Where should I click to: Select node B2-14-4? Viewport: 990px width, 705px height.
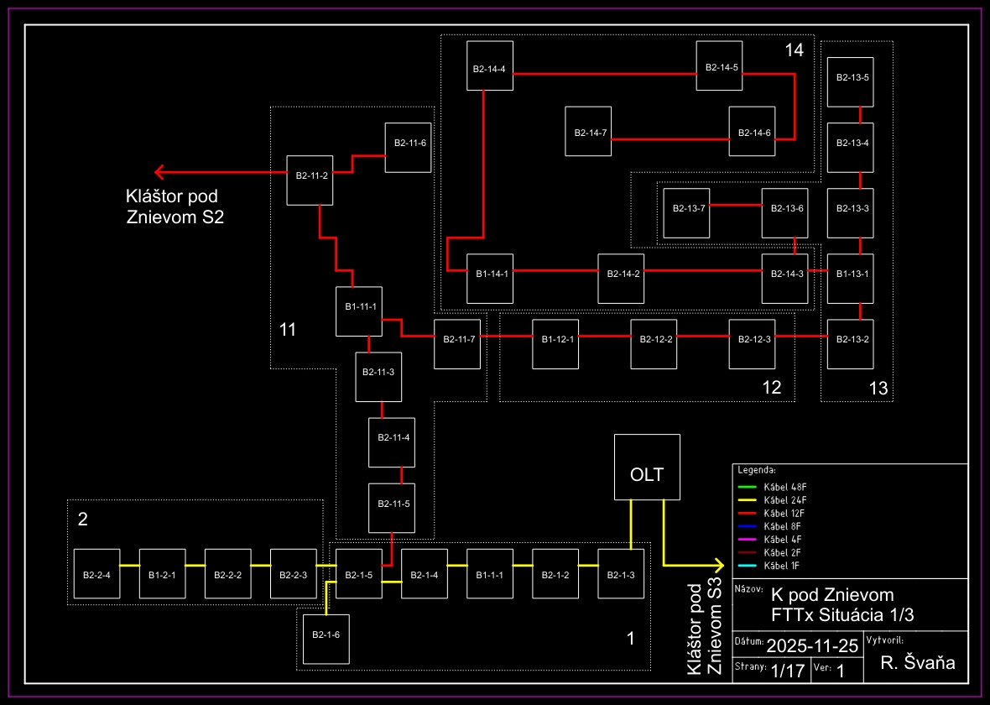[490, 66]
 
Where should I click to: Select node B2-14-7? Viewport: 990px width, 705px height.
[589, 131]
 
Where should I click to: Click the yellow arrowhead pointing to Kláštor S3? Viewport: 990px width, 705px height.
[717, 565]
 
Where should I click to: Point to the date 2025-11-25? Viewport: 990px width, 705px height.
[812, 645]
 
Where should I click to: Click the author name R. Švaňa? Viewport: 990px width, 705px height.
[917, 664]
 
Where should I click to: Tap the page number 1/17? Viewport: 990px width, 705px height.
[787, 671]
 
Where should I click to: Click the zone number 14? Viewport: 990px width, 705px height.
[794, 50]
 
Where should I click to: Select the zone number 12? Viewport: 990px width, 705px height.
[771, 388]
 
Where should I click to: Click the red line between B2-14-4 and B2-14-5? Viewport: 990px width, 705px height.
[604, 74]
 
